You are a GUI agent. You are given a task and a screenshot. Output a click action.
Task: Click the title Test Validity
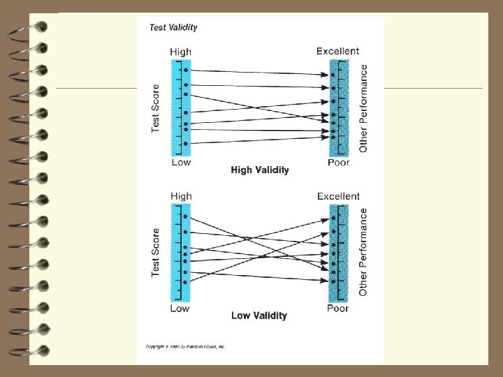[x=173, y=28]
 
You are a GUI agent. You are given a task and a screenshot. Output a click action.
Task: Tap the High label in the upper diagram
[x=181, y=52]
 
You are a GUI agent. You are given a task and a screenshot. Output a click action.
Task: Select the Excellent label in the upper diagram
[x=337, y=51]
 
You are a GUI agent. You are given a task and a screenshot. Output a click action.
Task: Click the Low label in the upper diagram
[x=180, y=163]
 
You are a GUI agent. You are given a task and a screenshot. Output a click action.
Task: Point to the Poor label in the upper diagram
[x=338, y=163]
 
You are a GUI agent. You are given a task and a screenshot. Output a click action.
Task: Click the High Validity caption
[x=259, y=170]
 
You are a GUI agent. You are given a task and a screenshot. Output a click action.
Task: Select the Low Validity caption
[x=258, y=316]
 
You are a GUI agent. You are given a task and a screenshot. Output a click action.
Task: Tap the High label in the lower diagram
[x=181, y=196]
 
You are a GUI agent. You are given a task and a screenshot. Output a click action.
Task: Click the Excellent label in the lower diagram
[x=338, y=196]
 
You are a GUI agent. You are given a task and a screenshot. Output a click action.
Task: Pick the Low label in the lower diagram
[x=180, y=308]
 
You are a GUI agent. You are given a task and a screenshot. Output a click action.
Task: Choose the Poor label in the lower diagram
[x=338, y=308]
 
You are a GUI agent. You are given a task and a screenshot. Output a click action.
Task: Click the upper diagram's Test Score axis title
[x=156, y=108]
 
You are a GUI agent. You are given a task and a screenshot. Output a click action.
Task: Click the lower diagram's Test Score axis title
[x=156, y=252]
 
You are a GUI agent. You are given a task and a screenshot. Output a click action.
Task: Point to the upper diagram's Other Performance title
[x=363, y=108]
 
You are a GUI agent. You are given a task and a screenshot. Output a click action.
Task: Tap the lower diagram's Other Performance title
[x=363, y=252]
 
